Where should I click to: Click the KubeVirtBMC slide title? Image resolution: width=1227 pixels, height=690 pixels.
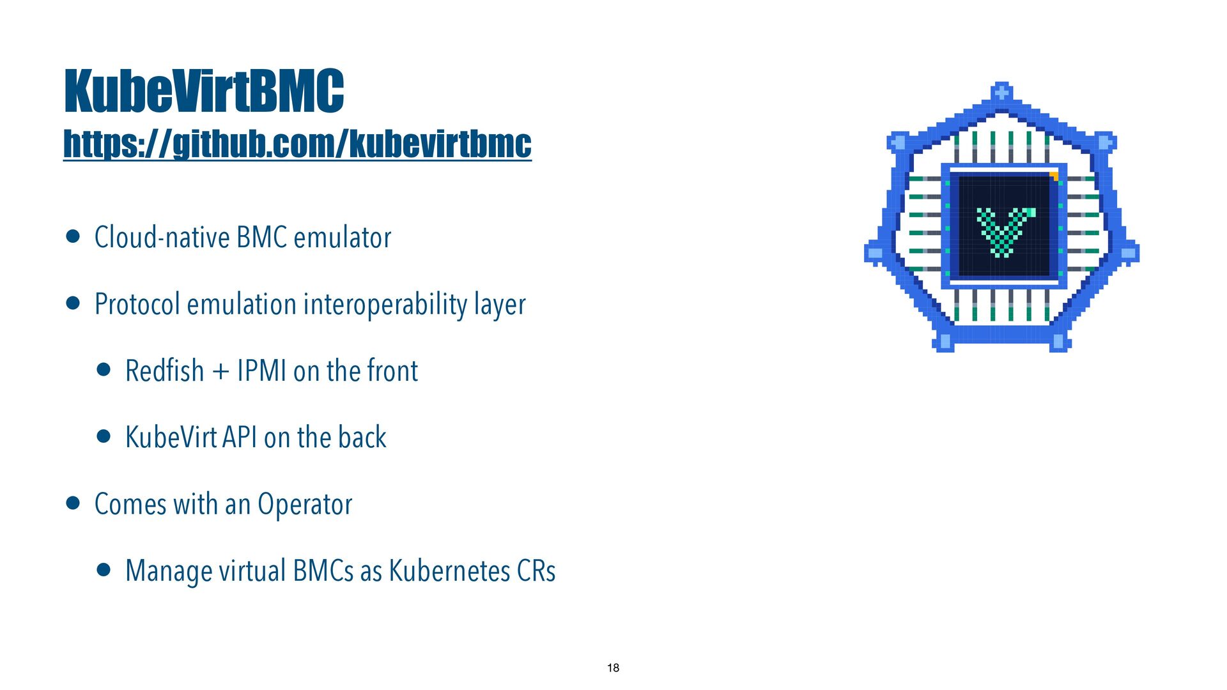[204, 91]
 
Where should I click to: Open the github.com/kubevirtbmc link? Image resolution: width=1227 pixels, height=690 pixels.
[297, 144]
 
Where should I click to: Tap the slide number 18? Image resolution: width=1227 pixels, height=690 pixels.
[613, 668]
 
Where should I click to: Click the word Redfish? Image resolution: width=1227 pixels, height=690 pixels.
[164, 371]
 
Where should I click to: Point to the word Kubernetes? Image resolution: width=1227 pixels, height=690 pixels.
[449, 571]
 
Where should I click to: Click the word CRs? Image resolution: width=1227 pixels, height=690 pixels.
[536, 571]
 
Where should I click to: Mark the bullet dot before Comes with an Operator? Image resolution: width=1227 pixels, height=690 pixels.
[73, 503]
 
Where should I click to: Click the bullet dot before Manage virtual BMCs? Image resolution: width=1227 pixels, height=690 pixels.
[104, 570]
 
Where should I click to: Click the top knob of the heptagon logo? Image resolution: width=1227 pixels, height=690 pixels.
[1001, 92]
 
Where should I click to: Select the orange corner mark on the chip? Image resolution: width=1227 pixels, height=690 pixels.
[1054, 176]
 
